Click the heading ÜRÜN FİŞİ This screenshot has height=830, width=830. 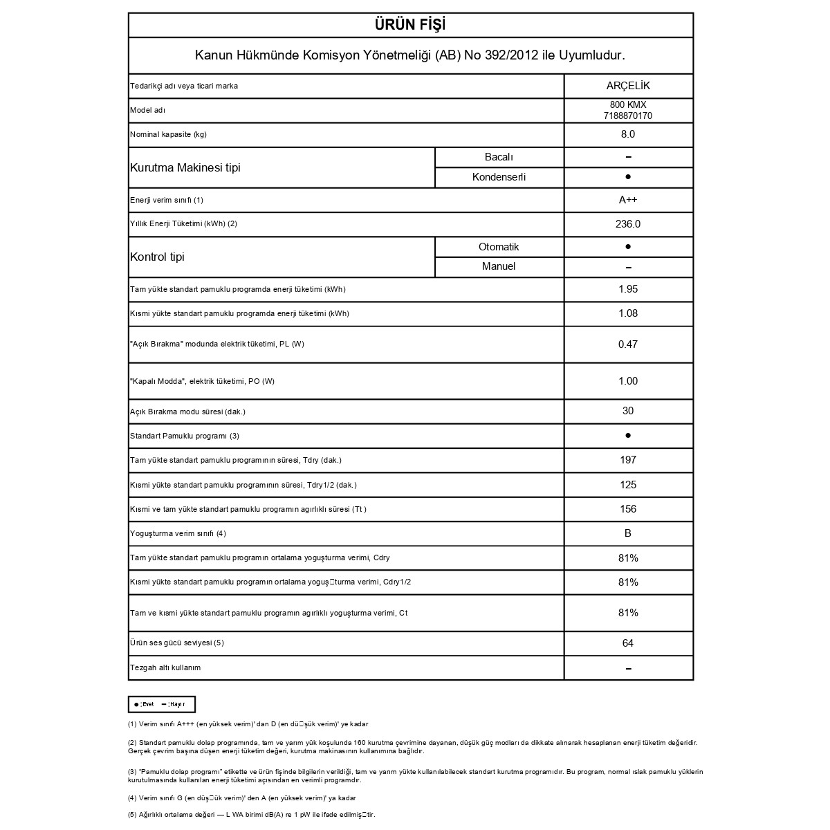click(x=410, y=25)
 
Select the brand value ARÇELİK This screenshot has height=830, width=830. click(x=628, y=86)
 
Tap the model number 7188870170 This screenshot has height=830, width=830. click(x=628, y=116)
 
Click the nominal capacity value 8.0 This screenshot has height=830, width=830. click(x=628, y=134)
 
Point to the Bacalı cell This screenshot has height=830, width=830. click(x=499, y=157)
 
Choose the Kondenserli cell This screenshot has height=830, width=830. click(x=499, y=177)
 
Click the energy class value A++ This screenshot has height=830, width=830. click(x=628, y=200)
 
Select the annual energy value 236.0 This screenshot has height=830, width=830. click(x=628, y=224)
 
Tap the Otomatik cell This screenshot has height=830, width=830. click(x=499, y=247)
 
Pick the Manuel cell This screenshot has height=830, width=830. click(x=499, y=266)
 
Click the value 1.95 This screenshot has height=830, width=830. click(x=628, y=289)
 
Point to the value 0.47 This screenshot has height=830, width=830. click(x=628, y=344)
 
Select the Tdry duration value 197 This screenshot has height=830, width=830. click(x=628, y=460)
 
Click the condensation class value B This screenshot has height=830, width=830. click(x=628, y=533)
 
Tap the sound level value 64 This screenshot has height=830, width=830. click(x=628, y=643)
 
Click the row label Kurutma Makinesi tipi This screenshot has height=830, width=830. click(x=185, y=167)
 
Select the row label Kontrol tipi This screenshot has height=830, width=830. click(x=158, y=257)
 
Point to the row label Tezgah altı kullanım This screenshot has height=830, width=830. click(x=165, y=667)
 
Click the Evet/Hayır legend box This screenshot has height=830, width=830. click(x=162, y=704)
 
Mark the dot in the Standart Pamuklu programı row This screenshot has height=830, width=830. click(x=628, y=436)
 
